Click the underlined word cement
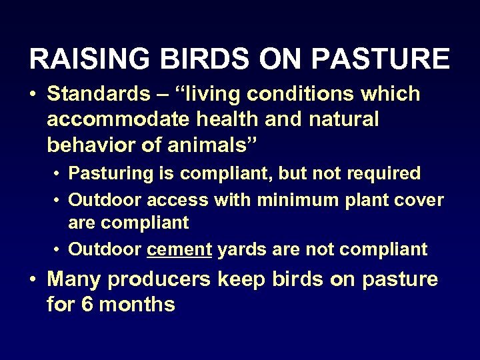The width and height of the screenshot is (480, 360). (x=178, y=249)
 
